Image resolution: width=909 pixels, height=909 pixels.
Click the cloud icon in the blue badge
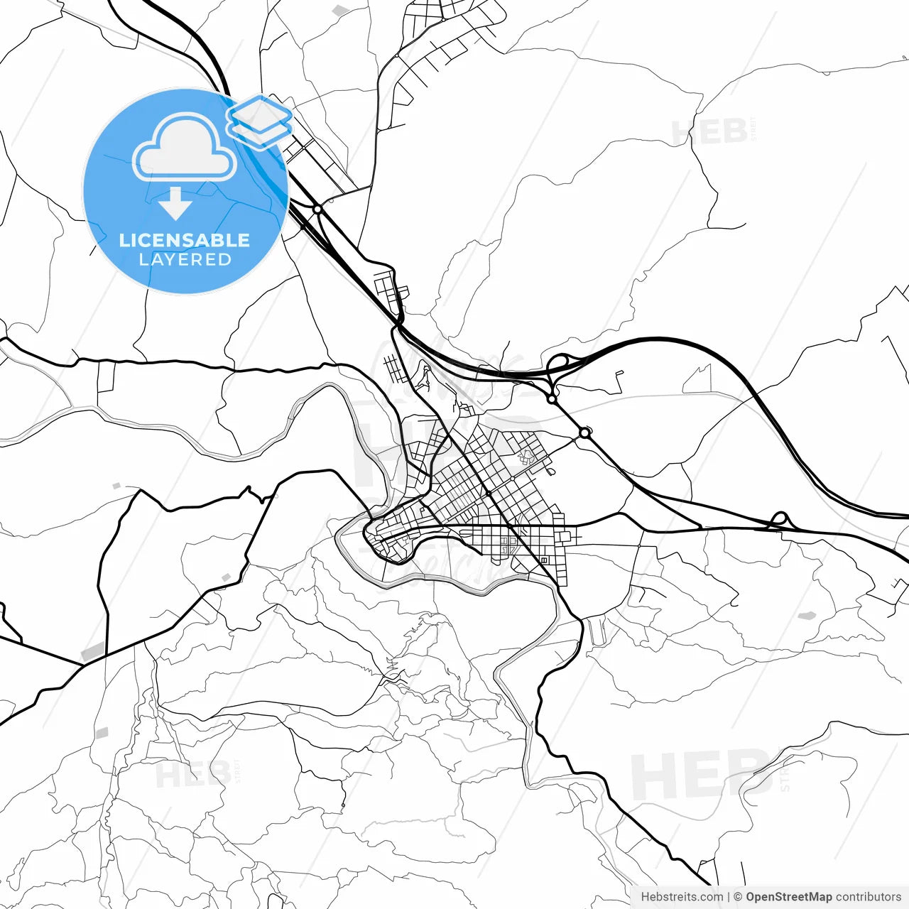[x=185, y=147]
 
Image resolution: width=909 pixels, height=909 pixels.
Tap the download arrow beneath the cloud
[x=175, y=204]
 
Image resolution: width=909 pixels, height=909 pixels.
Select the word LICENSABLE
[x=185, y=240]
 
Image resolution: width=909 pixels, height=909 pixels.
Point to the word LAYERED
[x=185, y=260]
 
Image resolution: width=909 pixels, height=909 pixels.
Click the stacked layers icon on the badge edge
[x=259, y=120]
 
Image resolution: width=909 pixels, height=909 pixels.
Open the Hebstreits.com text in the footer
[x=682, y=897]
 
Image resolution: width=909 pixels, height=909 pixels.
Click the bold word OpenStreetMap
[x=788, y=897]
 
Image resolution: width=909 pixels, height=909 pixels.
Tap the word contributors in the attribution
[x=868, y=897]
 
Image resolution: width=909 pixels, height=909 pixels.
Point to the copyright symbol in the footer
[x=738, y=897]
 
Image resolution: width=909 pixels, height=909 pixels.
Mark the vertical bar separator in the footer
[x=729, y=897]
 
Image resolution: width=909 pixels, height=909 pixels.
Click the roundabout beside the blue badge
[x=317, y=209]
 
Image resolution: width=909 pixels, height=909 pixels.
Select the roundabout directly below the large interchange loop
[x=552, y=399]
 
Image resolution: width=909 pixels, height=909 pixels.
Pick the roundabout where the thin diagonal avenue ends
[x=584, y=432]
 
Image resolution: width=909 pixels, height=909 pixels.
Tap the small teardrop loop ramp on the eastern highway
[x=779, y=518]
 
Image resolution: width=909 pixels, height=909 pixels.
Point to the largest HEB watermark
[x=700, y=774]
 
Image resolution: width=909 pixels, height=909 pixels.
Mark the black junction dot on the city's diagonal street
[x=489, y=493]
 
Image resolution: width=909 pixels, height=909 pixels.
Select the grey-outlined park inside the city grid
[x=526, y=455]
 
